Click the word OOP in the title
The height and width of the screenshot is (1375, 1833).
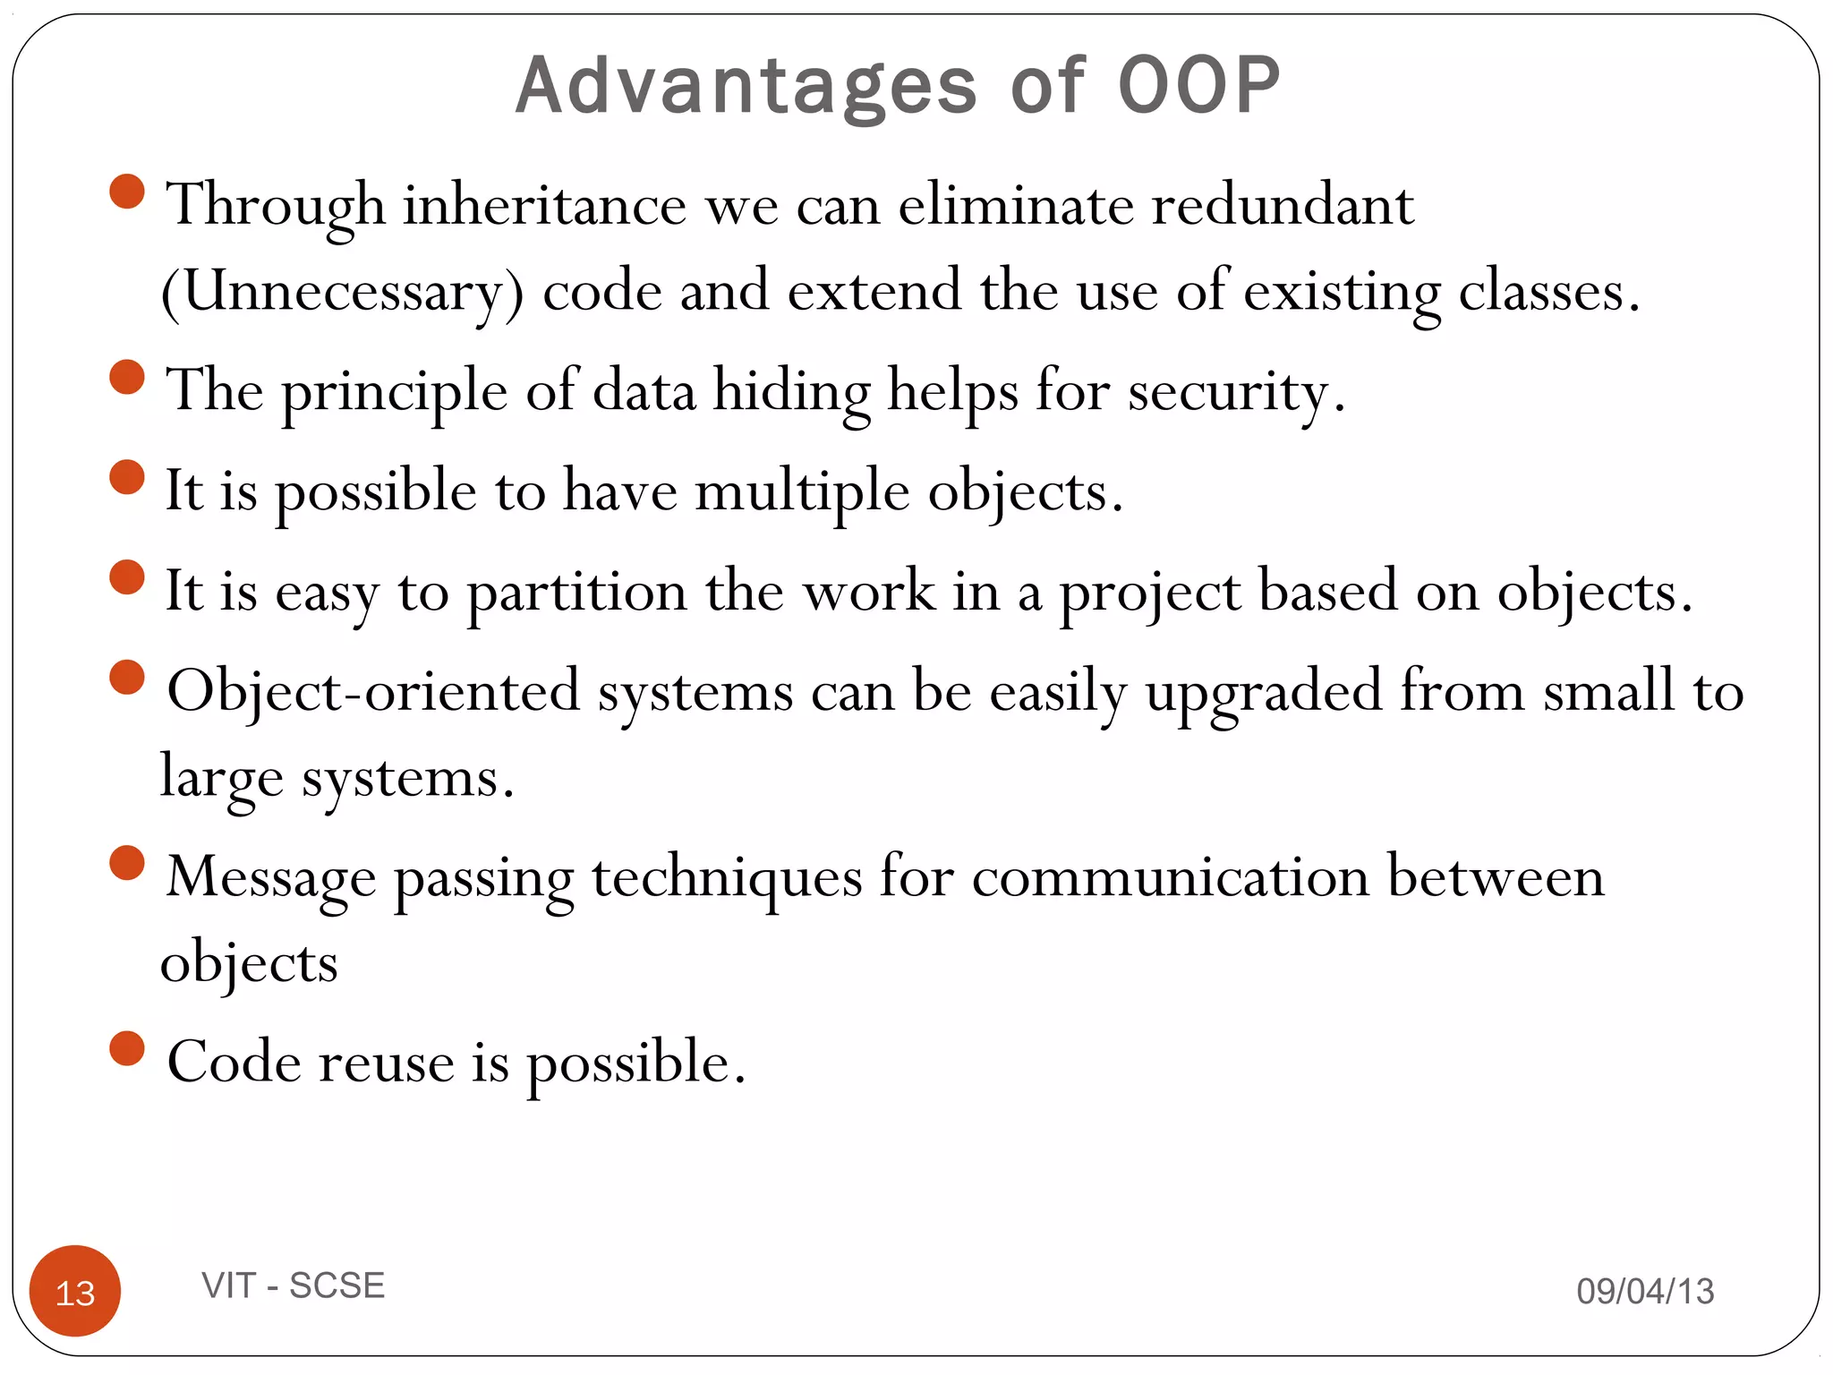click(1199, 86)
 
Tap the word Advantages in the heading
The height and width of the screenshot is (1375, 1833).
click(746, 88)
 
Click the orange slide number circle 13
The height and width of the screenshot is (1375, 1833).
click(75, 1291)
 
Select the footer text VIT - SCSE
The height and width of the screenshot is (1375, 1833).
click(294, 1285)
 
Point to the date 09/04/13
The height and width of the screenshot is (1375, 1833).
click(1645, 1291)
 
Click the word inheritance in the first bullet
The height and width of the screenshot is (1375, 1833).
click(544, 205)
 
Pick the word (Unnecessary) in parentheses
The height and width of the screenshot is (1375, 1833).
click(342, 292)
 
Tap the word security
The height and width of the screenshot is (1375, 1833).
click(1235, 392)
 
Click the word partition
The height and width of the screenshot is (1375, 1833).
click(576, 593)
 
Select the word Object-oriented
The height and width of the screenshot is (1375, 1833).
click(373, 691)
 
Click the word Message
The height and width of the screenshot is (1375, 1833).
click(271, 877)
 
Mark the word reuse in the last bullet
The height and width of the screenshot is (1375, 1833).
click(387, 1063)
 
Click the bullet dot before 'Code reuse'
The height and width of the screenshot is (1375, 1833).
click(127, 1048)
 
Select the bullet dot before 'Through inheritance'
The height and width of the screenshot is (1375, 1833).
click(127, 192)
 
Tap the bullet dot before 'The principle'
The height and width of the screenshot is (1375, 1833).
click(127, 377)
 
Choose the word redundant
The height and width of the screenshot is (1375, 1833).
click(1282, 205)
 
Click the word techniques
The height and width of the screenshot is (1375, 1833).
click(727, 877)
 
